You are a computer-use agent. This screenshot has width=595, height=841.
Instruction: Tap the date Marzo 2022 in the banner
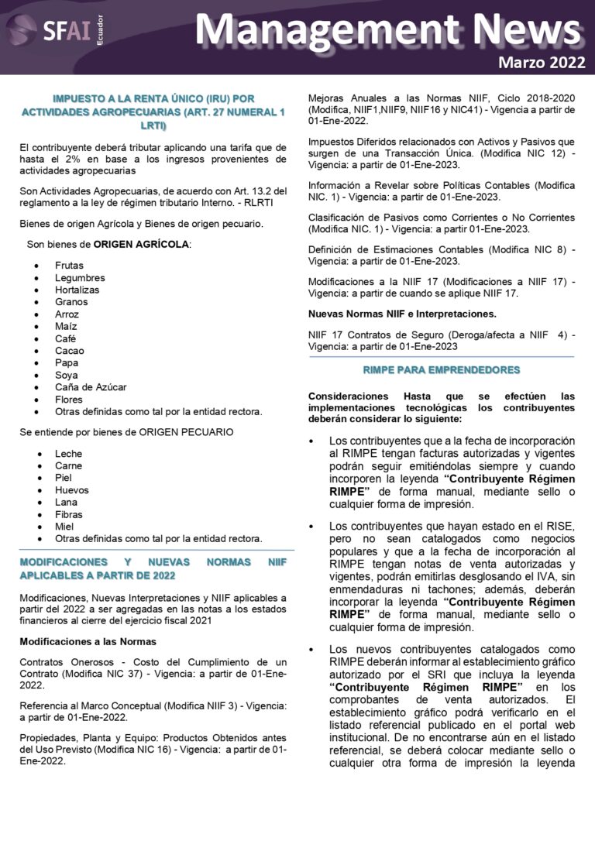[x=542, y=63]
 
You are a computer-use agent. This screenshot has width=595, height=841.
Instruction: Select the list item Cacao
[x=69, y=351]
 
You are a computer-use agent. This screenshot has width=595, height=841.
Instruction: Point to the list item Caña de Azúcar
[x=91, y=387]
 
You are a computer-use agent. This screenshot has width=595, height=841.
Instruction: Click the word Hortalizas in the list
[x=77, y=290]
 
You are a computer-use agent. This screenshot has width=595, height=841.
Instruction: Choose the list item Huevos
[x=71, y=490]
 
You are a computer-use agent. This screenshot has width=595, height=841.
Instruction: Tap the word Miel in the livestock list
[x=64, y=527]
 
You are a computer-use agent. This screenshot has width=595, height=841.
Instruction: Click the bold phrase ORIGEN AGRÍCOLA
[x=141, y=245]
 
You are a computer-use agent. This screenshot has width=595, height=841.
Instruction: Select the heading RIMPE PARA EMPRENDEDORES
[x=442, y=370]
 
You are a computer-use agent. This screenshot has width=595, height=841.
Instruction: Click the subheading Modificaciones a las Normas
[x=88, y=642]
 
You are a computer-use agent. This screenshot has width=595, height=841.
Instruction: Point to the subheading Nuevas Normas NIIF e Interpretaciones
[x=402, y=314]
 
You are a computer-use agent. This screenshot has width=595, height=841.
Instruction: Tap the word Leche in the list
[x=68, y=454]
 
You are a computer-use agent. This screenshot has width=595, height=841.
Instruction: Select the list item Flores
[x=68, y=400]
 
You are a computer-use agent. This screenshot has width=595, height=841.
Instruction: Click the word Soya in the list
[x=67, y=375]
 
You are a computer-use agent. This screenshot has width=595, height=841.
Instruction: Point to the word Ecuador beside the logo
[x=99, y=33]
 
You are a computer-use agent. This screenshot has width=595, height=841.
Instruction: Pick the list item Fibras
[x=70, y=514]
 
